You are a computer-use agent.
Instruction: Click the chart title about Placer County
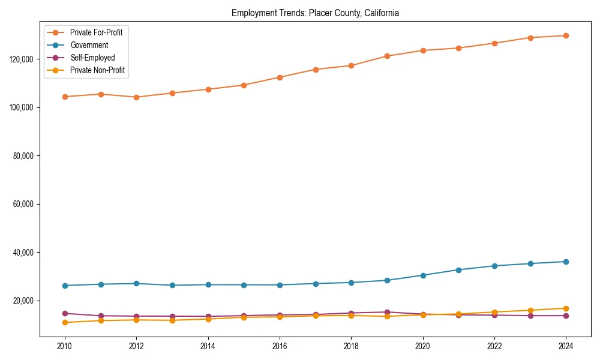pos(315,13)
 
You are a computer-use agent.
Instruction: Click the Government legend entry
pos(88,45)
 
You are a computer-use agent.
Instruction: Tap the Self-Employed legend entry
pos(92,58)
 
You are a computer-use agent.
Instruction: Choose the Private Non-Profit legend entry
pos(97,70)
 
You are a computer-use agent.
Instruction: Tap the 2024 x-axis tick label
pos(566,346)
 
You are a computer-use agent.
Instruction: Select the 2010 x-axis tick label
pos(65,346)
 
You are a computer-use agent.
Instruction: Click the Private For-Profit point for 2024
pos(566,35)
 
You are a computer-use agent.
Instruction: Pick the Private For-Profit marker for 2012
pos(136,97)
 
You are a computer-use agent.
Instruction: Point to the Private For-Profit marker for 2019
pos(387,56)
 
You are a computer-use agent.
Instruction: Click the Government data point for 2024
pos(566,262)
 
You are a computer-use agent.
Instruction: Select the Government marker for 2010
pos(65,286)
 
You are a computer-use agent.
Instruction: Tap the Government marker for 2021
pos(458,270)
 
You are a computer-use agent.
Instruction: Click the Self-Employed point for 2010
pos(65,313)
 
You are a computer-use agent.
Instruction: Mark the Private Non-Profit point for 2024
pos(566,308)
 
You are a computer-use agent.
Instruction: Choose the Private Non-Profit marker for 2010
pos(65,323)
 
